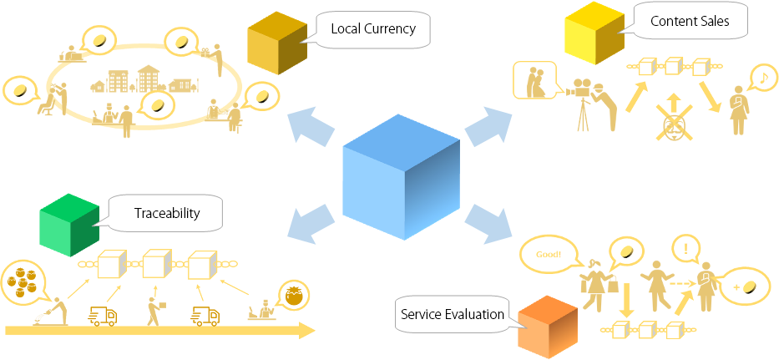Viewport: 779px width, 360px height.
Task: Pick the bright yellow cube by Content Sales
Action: [x=594, y=36]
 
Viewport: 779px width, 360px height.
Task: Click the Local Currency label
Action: [x=372, y=29]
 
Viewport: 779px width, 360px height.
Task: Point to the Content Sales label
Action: [x=689, y=22]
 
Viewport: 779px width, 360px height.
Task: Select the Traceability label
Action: [x=167, y=213]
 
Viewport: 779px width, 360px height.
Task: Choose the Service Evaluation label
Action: [x=452, y=314]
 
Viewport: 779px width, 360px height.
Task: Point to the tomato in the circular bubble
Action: [x=294, y=294]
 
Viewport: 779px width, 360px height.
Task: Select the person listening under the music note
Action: [x=738, y=109]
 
